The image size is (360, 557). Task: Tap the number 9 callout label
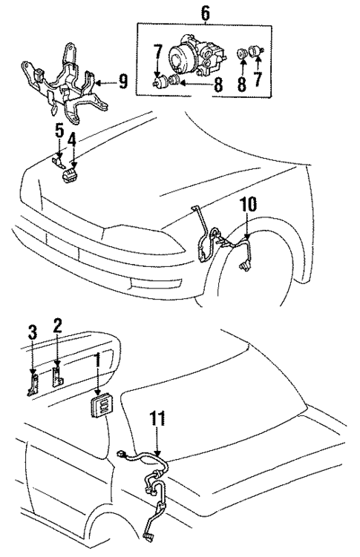tap(123, 81)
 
